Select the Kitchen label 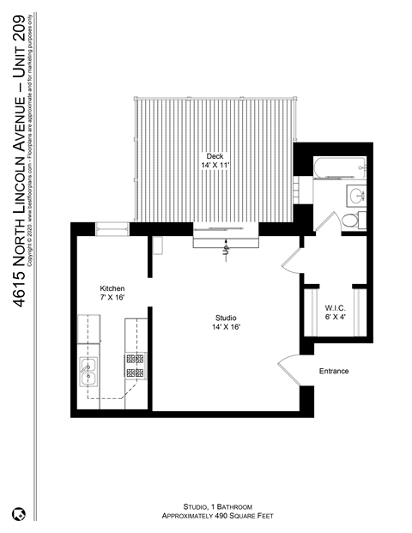point(113,288)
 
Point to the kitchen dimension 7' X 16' point(113,297)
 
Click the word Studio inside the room point(227,318)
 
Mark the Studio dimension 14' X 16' point(227,327)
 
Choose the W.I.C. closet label point(335,307)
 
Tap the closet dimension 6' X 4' point(335,317)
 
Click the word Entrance point(335,371)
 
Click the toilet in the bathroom point(350,220)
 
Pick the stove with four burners point(136,366)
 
